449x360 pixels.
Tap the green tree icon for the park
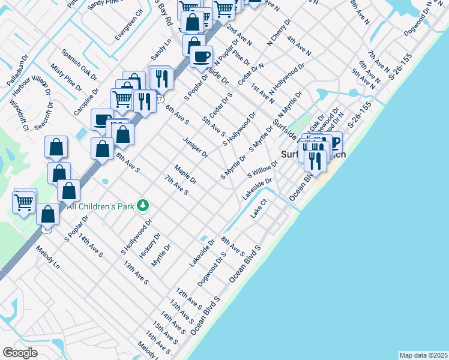tap(143, 206)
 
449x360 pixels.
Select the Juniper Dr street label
tap(196, 146)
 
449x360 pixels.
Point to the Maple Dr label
tap(185, 175)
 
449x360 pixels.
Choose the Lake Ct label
tap(259, 211)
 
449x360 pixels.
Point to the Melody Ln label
tap(48, 257)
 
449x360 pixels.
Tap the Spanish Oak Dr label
tap(78, 64)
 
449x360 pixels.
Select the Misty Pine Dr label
tap(66, 77)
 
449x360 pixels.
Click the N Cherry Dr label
tap(279, 35)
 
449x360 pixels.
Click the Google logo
tap(20, 352)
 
